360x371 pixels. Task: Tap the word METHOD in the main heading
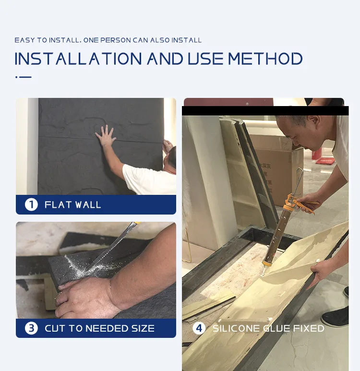265,59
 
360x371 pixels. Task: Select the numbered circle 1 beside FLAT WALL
31,204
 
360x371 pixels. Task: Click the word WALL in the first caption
89,204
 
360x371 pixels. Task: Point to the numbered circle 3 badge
31,328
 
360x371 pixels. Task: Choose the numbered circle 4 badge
199,328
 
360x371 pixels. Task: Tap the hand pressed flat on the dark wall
106,136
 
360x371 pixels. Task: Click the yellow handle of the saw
136,223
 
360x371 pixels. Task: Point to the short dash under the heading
25,77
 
